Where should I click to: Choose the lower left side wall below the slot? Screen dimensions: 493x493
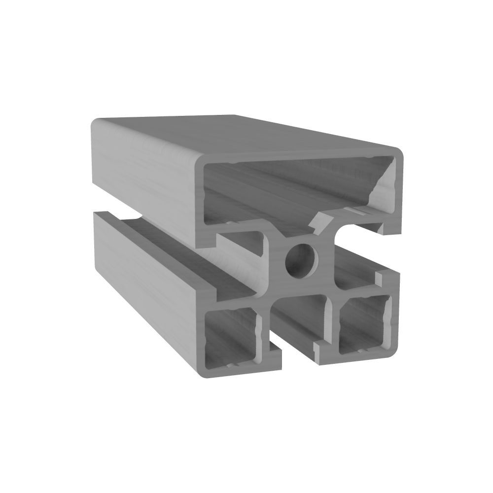pos(148,276)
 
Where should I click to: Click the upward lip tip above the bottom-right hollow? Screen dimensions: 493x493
pos(382,276)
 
